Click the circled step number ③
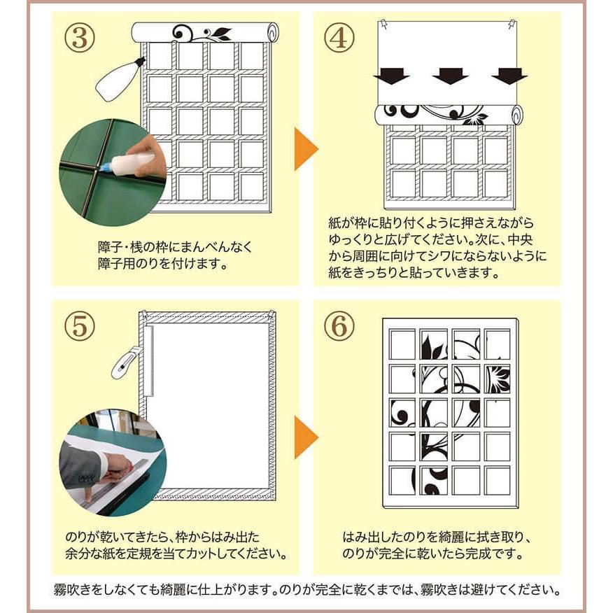click(x=79, y=38)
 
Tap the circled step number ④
click(x=339, y=38)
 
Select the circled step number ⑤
click(x=79, y=326)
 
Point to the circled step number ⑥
click(x=339, y=326)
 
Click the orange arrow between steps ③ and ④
click(x=305, y=149)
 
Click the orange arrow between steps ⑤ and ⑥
click(x=305, y=437)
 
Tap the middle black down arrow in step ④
click(x=451, y=76)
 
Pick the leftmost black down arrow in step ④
click(x=391, y=76)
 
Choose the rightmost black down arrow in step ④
click(x=509, y=76)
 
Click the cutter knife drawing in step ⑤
click(x=125, y=362)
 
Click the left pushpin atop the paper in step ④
click(x=385, y=24)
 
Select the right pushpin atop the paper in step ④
click(x=512, y=25)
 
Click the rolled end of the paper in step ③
click(x=272, y=32)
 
